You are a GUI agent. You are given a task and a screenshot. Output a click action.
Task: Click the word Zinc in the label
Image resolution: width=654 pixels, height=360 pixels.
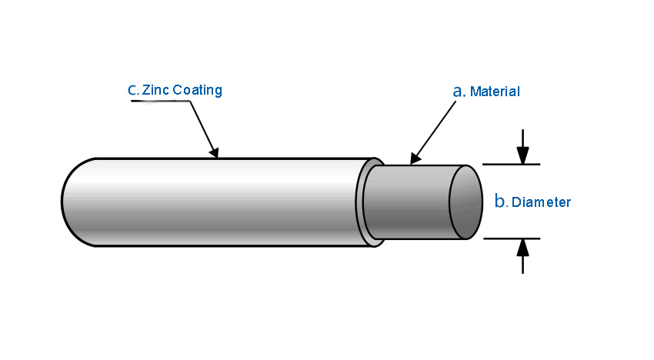click(x=156, y=90)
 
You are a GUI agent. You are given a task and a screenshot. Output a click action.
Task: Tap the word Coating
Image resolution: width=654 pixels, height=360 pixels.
click(x=197, y=90)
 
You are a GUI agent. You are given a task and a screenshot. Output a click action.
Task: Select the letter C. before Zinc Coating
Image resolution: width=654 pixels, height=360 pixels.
click(x=133, y=90)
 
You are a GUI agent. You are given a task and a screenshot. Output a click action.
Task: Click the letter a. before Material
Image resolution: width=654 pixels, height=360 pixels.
click(x=459, y=91)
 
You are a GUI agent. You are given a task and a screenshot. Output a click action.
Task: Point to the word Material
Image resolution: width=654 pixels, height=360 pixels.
click(x=495, y=92)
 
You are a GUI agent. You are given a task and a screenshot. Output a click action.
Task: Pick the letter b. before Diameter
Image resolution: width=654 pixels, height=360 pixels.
click(x=501, y=202)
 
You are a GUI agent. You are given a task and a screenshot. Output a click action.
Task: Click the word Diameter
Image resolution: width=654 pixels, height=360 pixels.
click(x=542, y=202)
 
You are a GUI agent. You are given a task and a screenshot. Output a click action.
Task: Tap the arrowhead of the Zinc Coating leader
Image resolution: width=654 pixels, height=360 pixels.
click(x=215, y=153)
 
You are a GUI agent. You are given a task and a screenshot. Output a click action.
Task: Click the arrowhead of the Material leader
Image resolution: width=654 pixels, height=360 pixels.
click(x=415, y=159)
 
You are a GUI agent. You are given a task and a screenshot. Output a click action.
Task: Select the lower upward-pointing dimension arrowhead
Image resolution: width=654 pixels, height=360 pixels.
click(x=523, y=247)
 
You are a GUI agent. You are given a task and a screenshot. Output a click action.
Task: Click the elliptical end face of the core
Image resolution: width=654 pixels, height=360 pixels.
click(x=465, y=202)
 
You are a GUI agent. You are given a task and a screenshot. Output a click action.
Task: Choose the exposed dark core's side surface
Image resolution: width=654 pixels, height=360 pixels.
click(x=408, y=202)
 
